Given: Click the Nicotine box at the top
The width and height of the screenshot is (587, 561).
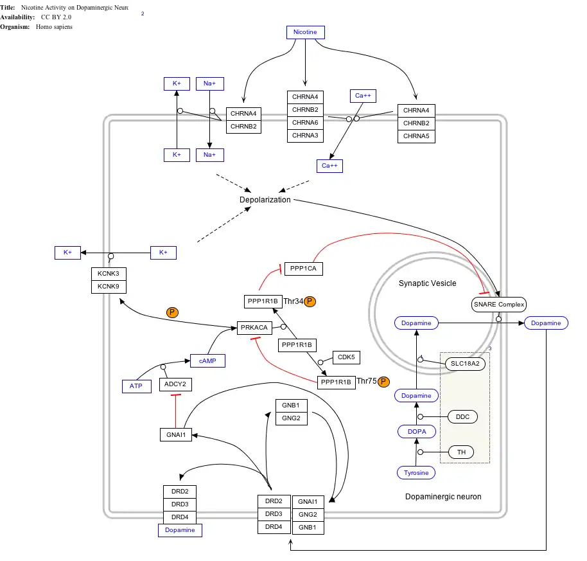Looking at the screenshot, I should pos(305,32).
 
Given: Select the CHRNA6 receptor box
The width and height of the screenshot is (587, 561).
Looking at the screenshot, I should pos(305,123).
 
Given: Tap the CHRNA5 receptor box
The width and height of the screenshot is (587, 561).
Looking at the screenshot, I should pos(416,136).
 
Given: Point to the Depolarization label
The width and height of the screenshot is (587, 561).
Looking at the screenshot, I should pos(265,200).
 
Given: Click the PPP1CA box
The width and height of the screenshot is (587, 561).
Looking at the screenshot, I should pos(303,269).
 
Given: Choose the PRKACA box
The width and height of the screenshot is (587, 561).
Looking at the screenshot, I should pos(254,328).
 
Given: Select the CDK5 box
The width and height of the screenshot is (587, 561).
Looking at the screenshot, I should pos(346,357).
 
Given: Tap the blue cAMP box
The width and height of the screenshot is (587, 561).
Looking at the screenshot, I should pos(207,361).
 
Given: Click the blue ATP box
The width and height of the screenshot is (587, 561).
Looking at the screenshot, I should pos(136,386).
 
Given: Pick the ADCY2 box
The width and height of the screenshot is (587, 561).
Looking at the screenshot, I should pos(175,384).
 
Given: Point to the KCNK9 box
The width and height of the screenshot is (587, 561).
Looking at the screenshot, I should pos(109,287).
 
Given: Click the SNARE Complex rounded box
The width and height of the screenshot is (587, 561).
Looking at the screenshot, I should pos(499,304).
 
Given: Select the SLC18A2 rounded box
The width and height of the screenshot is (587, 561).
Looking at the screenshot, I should pos(465,364).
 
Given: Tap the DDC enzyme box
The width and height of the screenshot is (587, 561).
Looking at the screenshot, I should pos(462,417).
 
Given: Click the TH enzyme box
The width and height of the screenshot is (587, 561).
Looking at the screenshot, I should pos(461,452).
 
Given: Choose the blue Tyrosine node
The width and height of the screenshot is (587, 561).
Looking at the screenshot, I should pos(416,473).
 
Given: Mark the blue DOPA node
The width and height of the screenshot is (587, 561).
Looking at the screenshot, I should pos(417,431).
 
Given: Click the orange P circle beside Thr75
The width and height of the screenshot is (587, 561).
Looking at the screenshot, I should pos(383,382).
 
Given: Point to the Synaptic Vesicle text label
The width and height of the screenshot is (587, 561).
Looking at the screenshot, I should pos(427,283).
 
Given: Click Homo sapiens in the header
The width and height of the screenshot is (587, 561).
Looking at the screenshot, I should pos(54,27).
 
